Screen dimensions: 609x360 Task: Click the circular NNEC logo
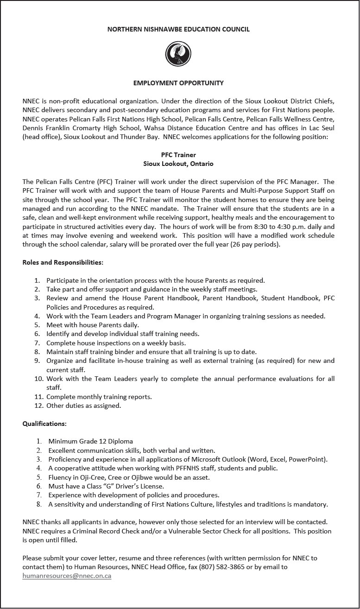click(x=178, y=54)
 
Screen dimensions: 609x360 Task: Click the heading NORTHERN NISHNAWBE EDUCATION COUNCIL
click(x=178, y=29)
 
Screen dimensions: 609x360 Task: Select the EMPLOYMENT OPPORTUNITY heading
click(x=178, y=83)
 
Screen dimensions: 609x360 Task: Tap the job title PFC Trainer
click(x=178, y=155)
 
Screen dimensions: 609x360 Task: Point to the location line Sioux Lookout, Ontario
click(x=178, y=164)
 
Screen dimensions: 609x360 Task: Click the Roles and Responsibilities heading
click(x=63, y=262)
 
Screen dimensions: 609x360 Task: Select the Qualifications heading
click(x=44, y=424)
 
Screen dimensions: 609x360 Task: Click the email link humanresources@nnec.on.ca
click(x=67, y=576)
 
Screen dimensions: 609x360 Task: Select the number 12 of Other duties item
click(x=38, y=406)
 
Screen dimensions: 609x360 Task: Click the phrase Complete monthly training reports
click(x=99, y=397)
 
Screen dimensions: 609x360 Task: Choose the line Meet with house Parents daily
click(x=93, y=325)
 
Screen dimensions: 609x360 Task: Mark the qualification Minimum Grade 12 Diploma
click(x=90, y=441)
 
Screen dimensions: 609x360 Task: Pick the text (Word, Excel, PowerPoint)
click(x=288, y=459)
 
